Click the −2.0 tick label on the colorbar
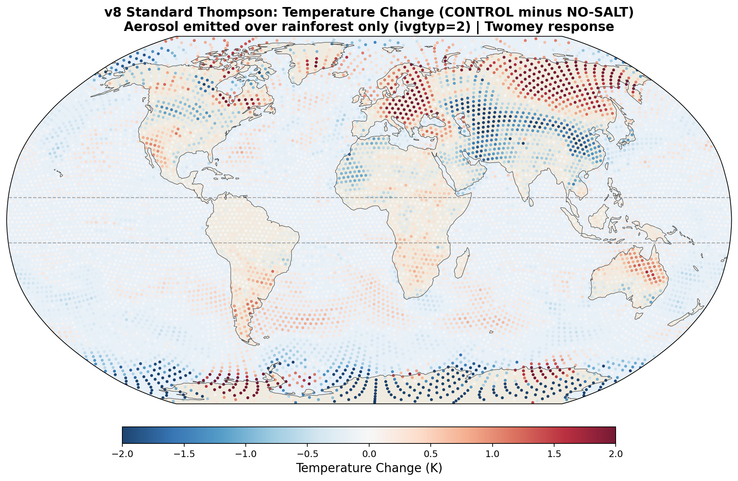tap(122, 454)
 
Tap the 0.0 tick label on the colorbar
tap(369, 454)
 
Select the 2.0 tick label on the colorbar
tap(615, 454)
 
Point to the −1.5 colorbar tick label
tap(184, 454)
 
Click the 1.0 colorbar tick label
tap(492, 454)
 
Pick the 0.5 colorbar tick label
tap(430, 454)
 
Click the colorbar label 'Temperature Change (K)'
tap(369, 468)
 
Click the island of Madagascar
tap(462, 264)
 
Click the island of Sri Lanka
tap(531, 202)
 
